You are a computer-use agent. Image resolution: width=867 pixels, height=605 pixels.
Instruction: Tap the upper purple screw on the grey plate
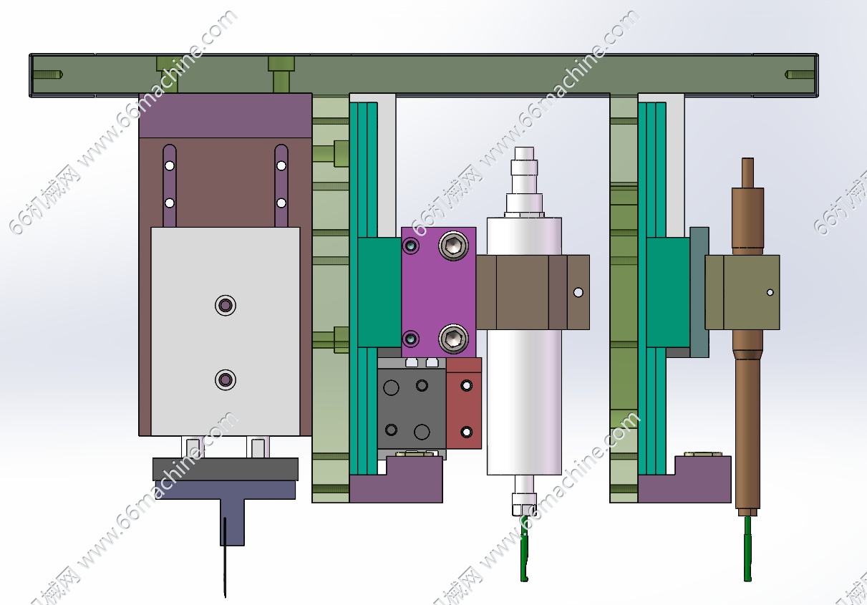(x=226, y=306)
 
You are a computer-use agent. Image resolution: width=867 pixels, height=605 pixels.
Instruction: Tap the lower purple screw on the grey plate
(x=226, y=379)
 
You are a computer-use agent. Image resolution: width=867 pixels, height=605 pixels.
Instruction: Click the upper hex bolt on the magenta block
(x=453, y=246)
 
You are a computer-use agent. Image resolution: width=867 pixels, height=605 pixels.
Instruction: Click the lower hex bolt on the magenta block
(x=453, y=337)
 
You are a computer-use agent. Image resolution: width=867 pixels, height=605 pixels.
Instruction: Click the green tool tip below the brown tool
(x=748, y=551)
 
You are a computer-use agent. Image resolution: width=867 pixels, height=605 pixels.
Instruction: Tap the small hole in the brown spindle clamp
(x=578, y=292)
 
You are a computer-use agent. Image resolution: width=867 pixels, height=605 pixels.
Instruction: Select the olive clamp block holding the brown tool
(x=742, y=292)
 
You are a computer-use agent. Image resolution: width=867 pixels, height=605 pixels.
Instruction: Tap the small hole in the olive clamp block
(x=770, y=292)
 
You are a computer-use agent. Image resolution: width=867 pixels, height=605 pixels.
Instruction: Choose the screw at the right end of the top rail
(x=800, y=74)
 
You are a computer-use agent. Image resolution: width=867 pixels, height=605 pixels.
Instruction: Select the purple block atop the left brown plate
(x=225, y=115)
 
